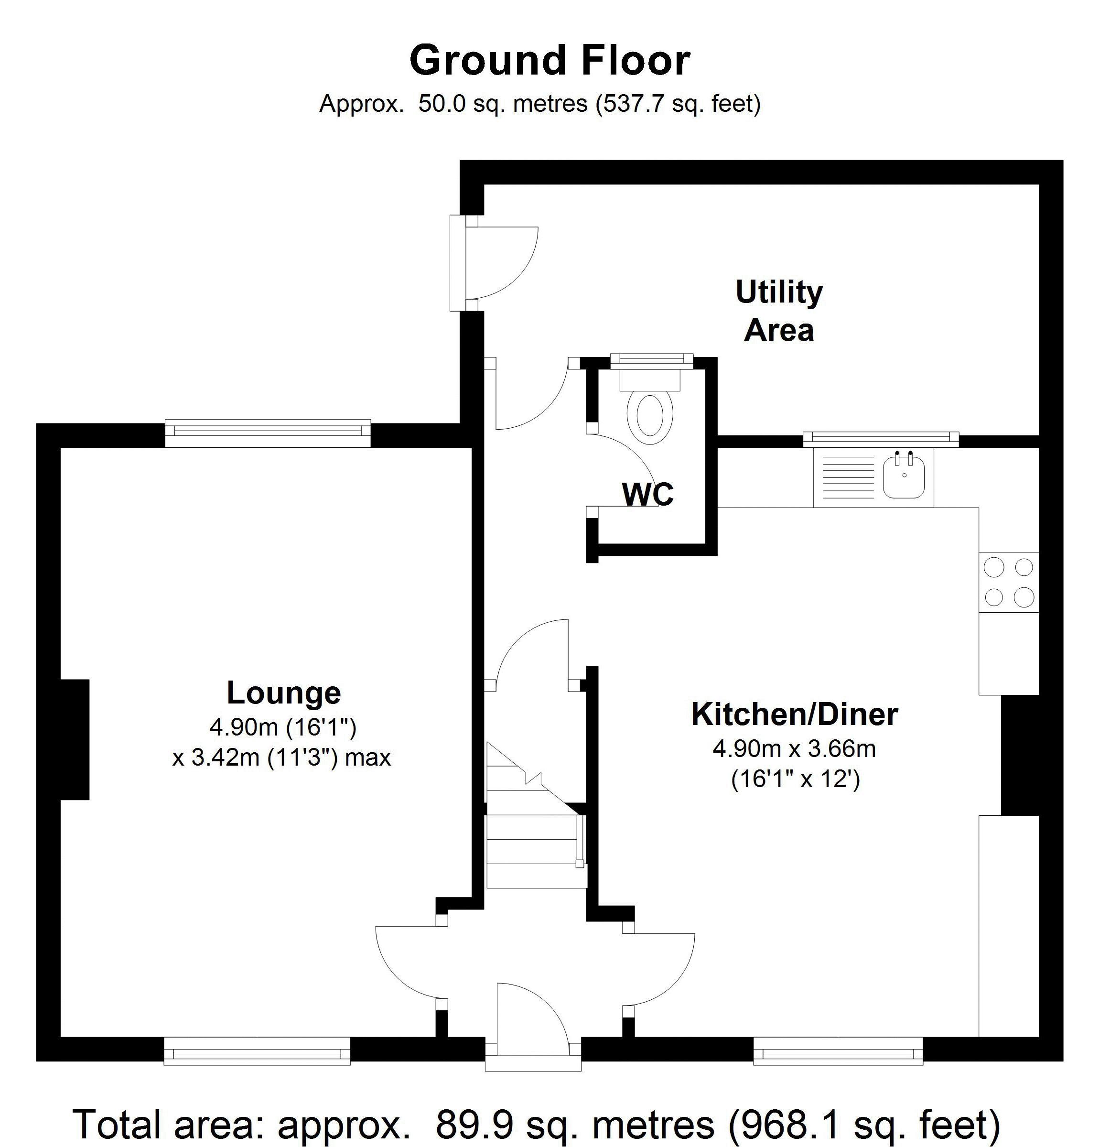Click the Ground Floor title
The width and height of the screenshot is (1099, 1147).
(549, 60)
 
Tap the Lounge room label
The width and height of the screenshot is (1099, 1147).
(283, 693)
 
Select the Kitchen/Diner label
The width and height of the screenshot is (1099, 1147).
(794, 714)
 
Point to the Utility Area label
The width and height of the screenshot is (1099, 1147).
(779, 310)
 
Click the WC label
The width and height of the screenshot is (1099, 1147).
(648, 493)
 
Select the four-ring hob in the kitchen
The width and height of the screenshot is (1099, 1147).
(1008, 582)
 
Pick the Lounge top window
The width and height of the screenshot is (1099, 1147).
(268, 433)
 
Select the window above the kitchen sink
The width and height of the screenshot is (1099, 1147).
(881, 439)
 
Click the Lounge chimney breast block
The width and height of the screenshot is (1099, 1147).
(75, 739)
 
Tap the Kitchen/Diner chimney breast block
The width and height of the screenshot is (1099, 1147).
(1020, 755)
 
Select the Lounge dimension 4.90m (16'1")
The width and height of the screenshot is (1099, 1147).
(283, 727)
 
